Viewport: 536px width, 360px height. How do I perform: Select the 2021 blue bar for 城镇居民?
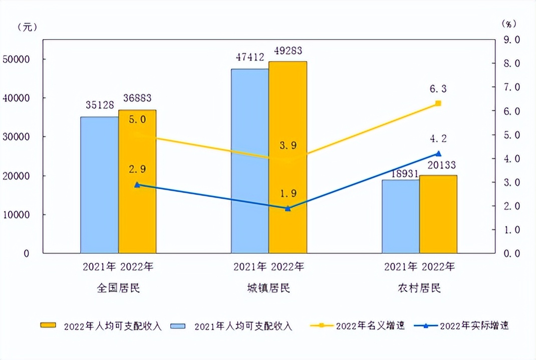tap(250, 161)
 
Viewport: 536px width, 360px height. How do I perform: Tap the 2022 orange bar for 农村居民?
tap(438, 215)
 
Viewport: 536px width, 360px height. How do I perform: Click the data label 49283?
tap(288, 51)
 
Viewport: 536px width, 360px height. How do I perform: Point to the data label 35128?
tap(100, 105)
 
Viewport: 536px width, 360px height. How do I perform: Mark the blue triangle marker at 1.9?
tap(288, 208)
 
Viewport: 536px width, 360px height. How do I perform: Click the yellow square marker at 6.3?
tap(438, 103)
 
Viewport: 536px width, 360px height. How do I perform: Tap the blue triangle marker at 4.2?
tap(438, 153)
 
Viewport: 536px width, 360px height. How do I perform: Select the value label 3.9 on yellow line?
tap(288, 146)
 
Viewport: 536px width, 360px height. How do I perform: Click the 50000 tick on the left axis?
tap(17, 59)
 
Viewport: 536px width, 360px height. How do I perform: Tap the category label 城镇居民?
tap(269, 288)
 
